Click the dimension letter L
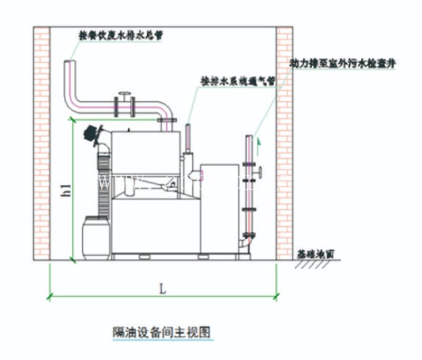coord(163,288)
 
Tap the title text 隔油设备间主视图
coord(162,332)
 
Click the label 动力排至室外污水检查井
coord(342,63)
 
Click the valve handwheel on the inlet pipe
coord(124,95)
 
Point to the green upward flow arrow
coord(258,140)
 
